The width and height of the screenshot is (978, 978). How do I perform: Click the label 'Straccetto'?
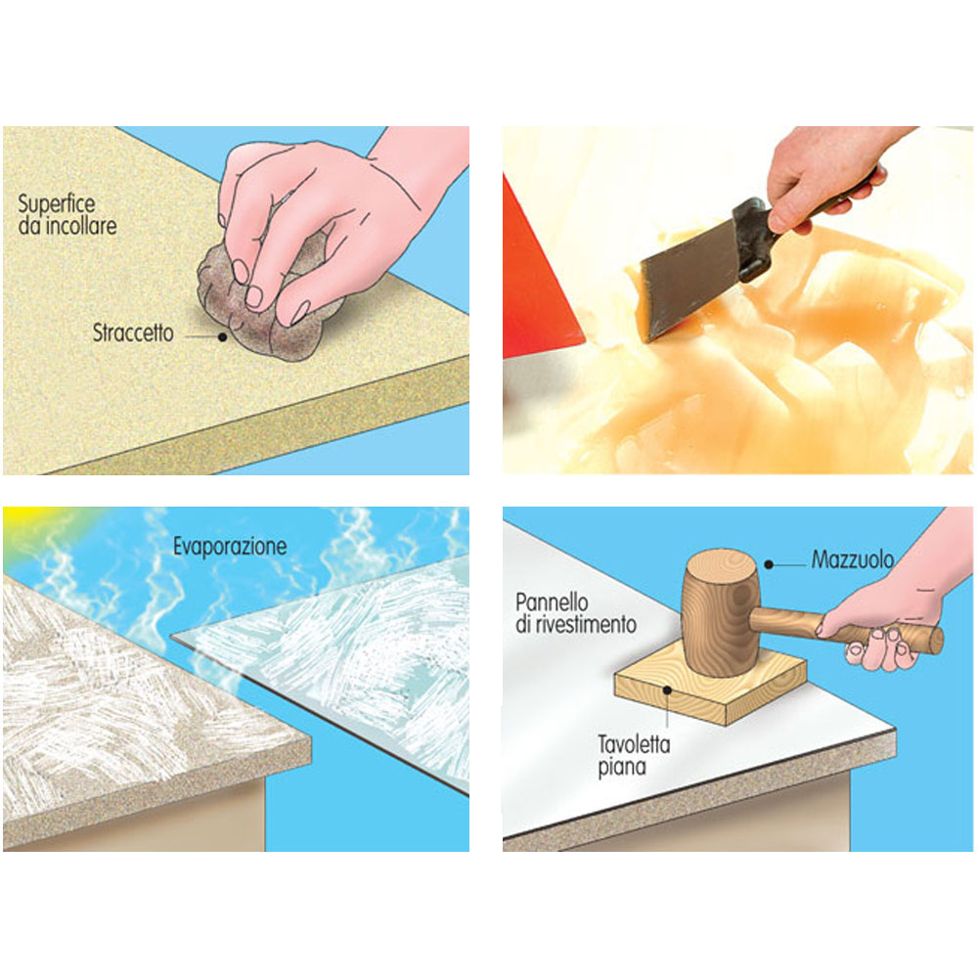pos(133,333)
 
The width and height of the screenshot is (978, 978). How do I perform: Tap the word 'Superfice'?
pos(56,204)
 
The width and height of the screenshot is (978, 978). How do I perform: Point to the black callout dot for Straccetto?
pos(222,336)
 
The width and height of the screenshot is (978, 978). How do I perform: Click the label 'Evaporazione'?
pos(230,547)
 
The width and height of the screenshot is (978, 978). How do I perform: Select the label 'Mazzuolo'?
pos(852,559)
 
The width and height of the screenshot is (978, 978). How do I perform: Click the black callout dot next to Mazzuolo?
pos(769,564)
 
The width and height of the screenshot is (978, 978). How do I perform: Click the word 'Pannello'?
pos(552,602)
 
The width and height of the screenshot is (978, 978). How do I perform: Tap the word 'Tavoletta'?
pos(634,744)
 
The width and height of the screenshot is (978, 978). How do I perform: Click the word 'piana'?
pos(621,767)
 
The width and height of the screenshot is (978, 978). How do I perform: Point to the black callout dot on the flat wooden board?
pos(667,690)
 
